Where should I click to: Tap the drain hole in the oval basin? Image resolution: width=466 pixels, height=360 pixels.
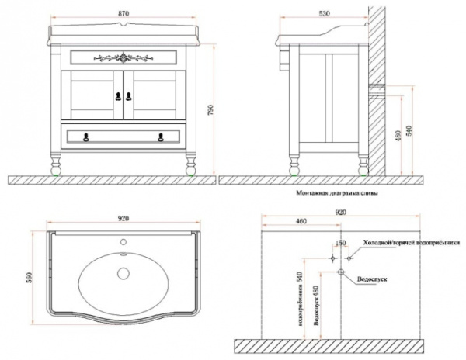pos(124,272)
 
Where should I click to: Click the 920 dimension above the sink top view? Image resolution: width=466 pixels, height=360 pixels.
pos(122,220)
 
